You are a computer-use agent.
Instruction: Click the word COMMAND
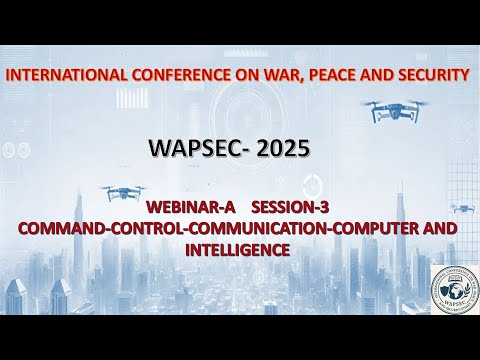click(x=61, y=228)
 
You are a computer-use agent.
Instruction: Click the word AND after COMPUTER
click(x=437, y=228)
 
